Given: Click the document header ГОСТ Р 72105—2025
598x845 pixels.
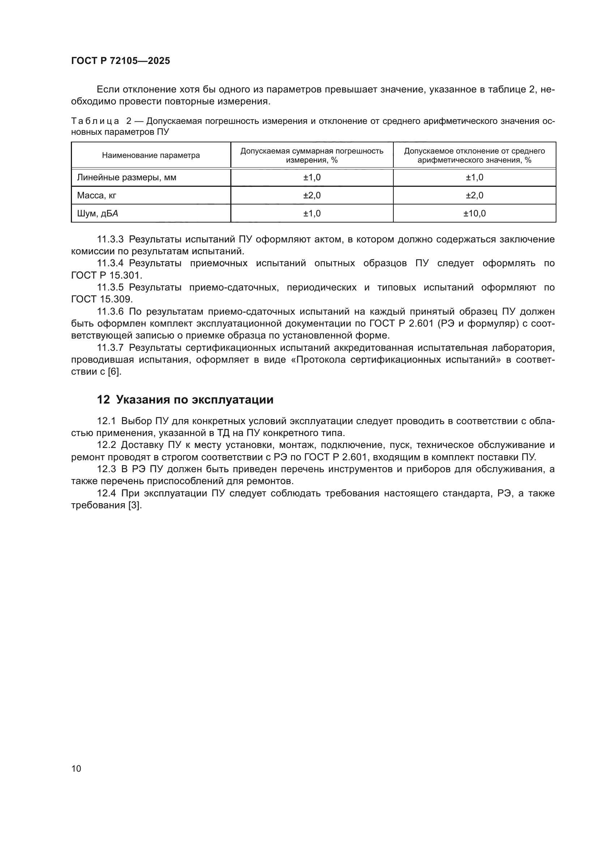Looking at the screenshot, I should coord(120,61).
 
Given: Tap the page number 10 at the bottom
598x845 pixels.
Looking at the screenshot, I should coord(76,768).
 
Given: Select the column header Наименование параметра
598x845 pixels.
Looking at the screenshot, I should coord(151,155).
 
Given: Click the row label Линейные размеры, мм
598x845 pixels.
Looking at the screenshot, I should coord(127,177).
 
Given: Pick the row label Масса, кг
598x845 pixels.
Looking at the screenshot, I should coord(97,195).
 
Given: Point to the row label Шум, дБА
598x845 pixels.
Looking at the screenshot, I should coord(98,214).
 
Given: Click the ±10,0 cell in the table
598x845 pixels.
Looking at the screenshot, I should coord(474,214).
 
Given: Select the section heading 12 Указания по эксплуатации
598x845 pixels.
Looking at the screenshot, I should coord(185,400).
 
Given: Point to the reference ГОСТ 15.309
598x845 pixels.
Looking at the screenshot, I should coord(102,299).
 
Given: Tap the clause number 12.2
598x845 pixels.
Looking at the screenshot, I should coord(106,445).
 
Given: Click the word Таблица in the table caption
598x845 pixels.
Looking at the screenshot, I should coord(95,121).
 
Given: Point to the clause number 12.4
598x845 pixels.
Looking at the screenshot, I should coord(106,493).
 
